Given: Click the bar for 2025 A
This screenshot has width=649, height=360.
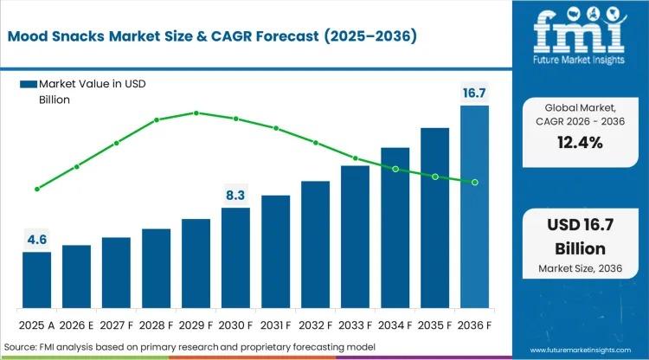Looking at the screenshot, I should coord(36,279).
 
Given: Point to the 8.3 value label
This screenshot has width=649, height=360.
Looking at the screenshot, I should coord(235,196).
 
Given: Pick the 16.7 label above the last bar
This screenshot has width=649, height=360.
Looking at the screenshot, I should coord(474,93).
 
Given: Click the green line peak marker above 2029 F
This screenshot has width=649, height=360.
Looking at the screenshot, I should coord(196,112).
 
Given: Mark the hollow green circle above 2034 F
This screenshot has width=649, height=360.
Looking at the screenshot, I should coord(395,170).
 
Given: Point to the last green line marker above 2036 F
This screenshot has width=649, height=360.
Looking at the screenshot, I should coord(474,182).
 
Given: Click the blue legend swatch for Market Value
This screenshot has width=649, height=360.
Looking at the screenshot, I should coord(28,83).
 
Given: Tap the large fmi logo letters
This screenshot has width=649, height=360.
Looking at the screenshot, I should coord(577,30).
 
